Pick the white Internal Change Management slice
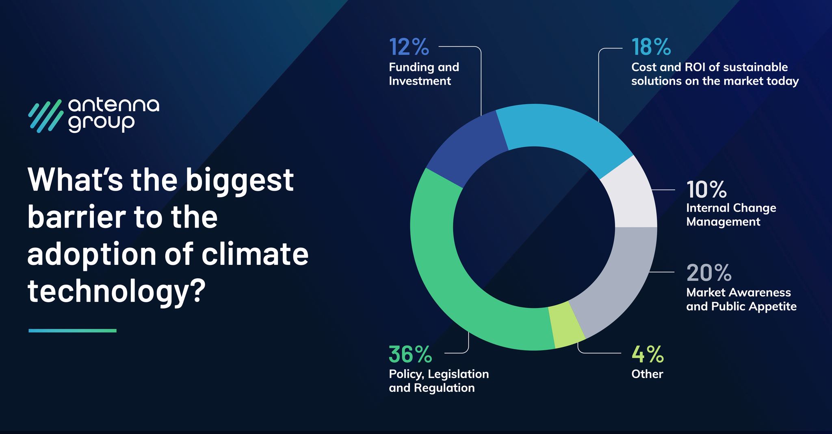click(632, 195)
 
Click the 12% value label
click(409, 47)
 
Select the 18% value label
click(651, 47)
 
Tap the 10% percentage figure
click(706, 189)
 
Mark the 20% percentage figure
click(709, 273)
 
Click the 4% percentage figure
click(648, 354)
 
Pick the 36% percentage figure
click(410, 354)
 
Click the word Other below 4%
click(647, 374)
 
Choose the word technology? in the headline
click(117, 291)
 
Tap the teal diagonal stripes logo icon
click(45, 116)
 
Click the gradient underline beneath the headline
click(72, 331)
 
